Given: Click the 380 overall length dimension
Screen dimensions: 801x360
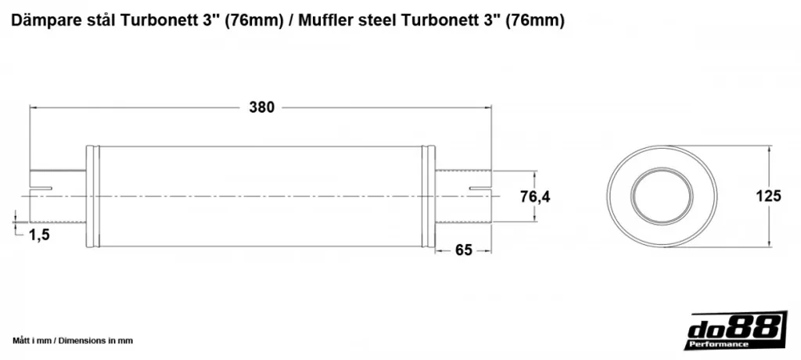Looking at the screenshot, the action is click(x=261, y=107).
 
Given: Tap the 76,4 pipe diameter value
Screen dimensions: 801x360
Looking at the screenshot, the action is click(x=535, y=196).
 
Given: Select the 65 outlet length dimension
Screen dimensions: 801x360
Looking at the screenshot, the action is click(x=463, y=250).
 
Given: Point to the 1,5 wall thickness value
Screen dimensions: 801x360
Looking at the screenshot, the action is click(x=39, y=235).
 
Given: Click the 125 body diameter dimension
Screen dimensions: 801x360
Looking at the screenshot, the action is click(x=768, y=196).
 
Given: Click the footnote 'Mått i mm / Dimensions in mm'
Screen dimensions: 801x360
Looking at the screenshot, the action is click(x=73, y=340).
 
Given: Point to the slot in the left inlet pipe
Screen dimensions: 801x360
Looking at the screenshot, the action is click(x=41, y=189).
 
